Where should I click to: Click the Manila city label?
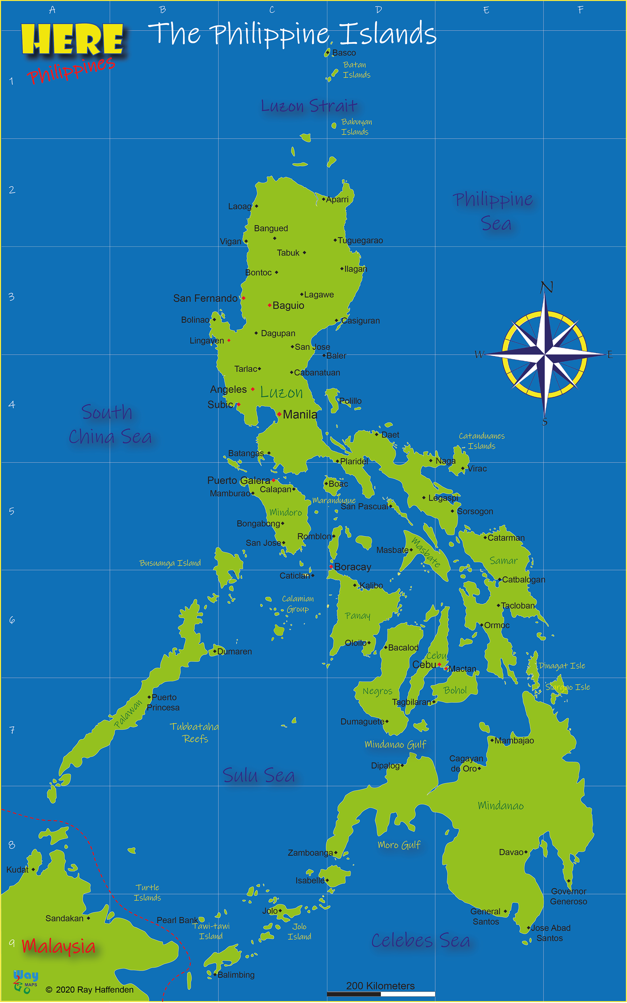click(x=300, y=414)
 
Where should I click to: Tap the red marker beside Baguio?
click(x=269, y=306)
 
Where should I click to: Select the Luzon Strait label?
click(x=309, y=106)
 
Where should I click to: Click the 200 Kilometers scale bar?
click(x=381, y=994)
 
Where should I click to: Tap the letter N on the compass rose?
click(x=547, y=287)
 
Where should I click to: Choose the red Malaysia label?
click(x=58, y=946)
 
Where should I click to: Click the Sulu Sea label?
click(x=259, y=775)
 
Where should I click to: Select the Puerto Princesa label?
click(x=163, y=702)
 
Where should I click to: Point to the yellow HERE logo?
click(x=72, y=40)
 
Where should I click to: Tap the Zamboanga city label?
click(x=310, y=852)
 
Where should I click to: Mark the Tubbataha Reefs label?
click(x=195, y=732)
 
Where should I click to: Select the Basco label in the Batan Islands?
click(x=344, y=53)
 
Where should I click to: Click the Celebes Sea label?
click(x=421, y=940)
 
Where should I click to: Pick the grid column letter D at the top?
click(x=378, y=10)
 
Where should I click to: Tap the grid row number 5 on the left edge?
click(x=12, y=511)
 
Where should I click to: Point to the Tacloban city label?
click(x=518, y=606)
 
